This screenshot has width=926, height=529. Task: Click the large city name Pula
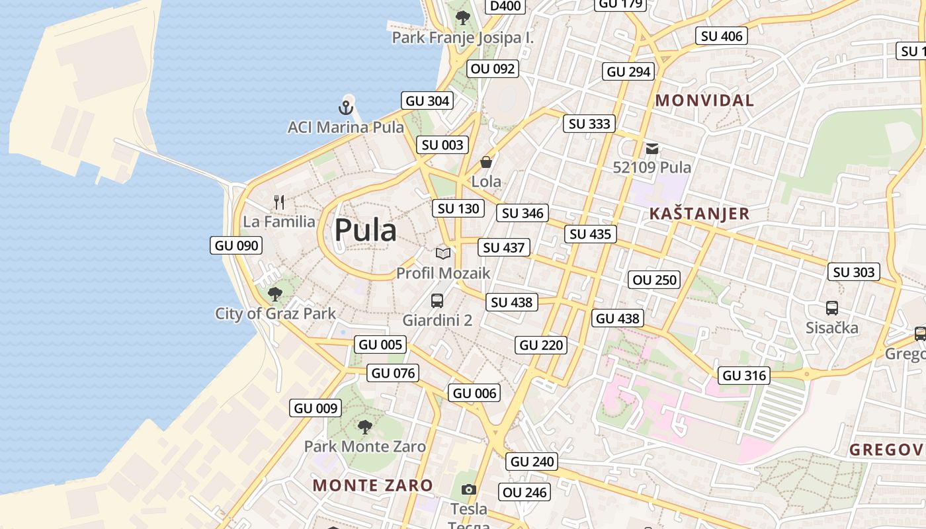click(365, 230)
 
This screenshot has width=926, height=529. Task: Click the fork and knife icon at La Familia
click(279, 202)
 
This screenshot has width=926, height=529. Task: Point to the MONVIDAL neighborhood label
click(704, 101)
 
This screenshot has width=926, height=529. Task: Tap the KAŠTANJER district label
click(700, 214)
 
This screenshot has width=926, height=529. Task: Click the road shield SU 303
click(854, 272)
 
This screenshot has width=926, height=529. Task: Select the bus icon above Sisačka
click(832, 308)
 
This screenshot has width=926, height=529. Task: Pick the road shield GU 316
click(745, 376)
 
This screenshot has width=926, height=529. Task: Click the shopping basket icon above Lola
click(486, 162)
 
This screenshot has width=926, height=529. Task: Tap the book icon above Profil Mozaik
click(443, 253)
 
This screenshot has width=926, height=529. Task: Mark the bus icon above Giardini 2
click(437, 301)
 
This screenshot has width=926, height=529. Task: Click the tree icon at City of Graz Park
click(275, 294)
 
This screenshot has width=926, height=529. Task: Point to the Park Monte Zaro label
click(365, 446)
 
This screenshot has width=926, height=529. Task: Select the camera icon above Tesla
click(469, 490)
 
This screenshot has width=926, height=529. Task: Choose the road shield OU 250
click(655, 280)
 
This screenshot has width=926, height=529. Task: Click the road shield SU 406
click(722, 36)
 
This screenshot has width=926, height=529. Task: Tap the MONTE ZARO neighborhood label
click(373, 485)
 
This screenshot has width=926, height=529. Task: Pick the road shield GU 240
click(532, 462)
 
